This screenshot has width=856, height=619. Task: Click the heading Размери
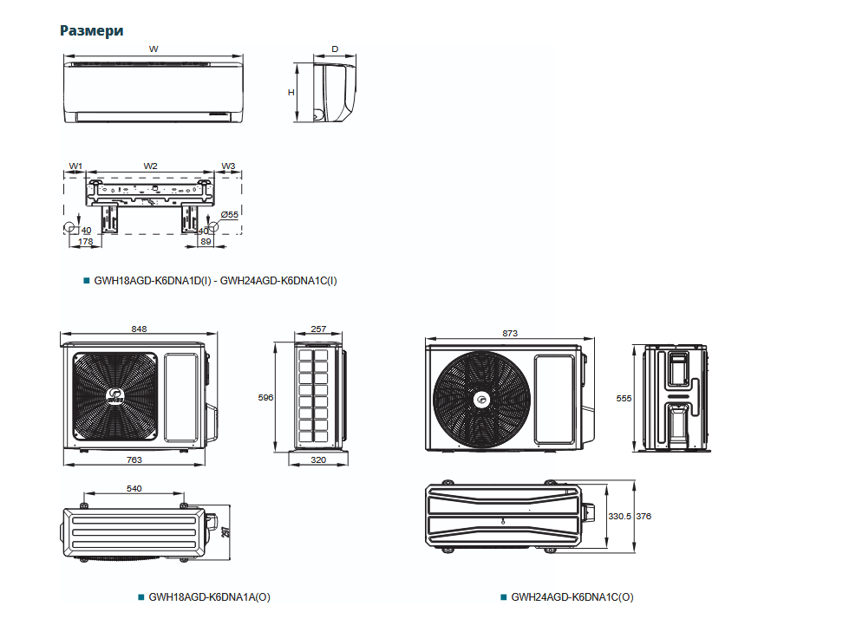pos(91,30)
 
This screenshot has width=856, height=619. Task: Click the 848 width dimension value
pos(140,329)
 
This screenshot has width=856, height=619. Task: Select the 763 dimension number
pos(134,459)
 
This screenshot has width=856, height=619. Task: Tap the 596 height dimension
pos(266,397)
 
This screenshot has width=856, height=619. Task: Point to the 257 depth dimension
pos(318,329)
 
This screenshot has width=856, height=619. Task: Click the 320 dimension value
pos(318,459)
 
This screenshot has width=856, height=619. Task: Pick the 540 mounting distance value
pos(134,489)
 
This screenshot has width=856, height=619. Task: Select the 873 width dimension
pos(510,333)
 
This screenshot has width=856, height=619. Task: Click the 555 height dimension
pos(624,397)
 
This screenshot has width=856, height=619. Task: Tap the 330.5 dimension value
pos(618,516)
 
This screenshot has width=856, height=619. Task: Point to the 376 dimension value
pos(644,516)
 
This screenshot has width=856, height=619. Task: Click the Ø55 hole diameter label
pos(230,213)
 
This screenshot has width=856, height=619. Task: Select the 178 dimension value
pos(86,242)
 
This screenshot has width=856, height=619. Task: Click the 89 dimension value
pos(206,242)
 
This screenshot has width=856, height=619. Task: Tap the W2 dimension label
pos(151,166)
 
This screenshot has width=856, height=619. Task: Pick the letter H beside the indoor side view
pos(291,92)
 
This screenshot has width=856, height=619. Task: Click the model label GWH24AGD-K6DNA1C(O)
pos(572,597)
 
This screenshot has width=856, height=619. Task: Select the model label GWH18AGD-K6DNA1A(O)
pos(210,597)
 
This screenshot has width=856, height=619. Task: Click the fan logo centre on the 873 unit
pos(481,400)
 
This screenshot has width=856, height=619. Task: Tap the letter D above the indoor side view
pos(335,49)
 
